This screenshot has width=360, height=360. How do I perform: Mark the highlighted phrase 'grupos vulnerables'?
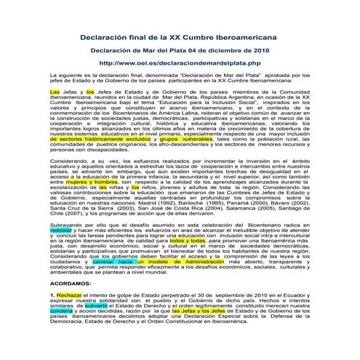pos(173,138)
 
